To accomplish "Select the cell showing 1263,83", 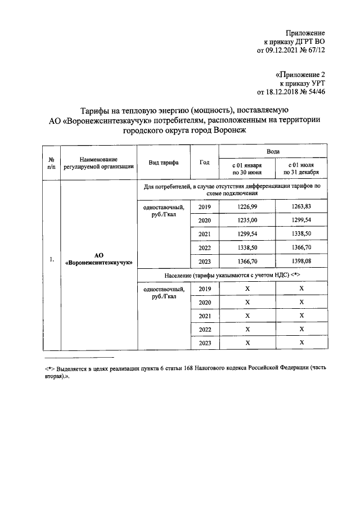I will (x=301, y=208).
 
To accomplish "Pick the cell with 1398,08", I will (x=301, y=262).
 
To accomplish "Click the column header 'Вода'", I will (x=273, y=151).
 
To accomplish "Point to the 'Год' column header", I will (x=205, y=163).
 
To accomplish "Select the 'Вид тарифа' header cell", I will (x=164, y=163).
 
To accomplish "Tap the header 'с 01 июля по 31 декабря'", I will (x=301, y=169).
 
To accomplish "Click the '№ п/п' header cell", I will (x=51, y=163).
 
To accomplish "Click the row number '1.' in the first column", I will (x=51, y=259).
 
